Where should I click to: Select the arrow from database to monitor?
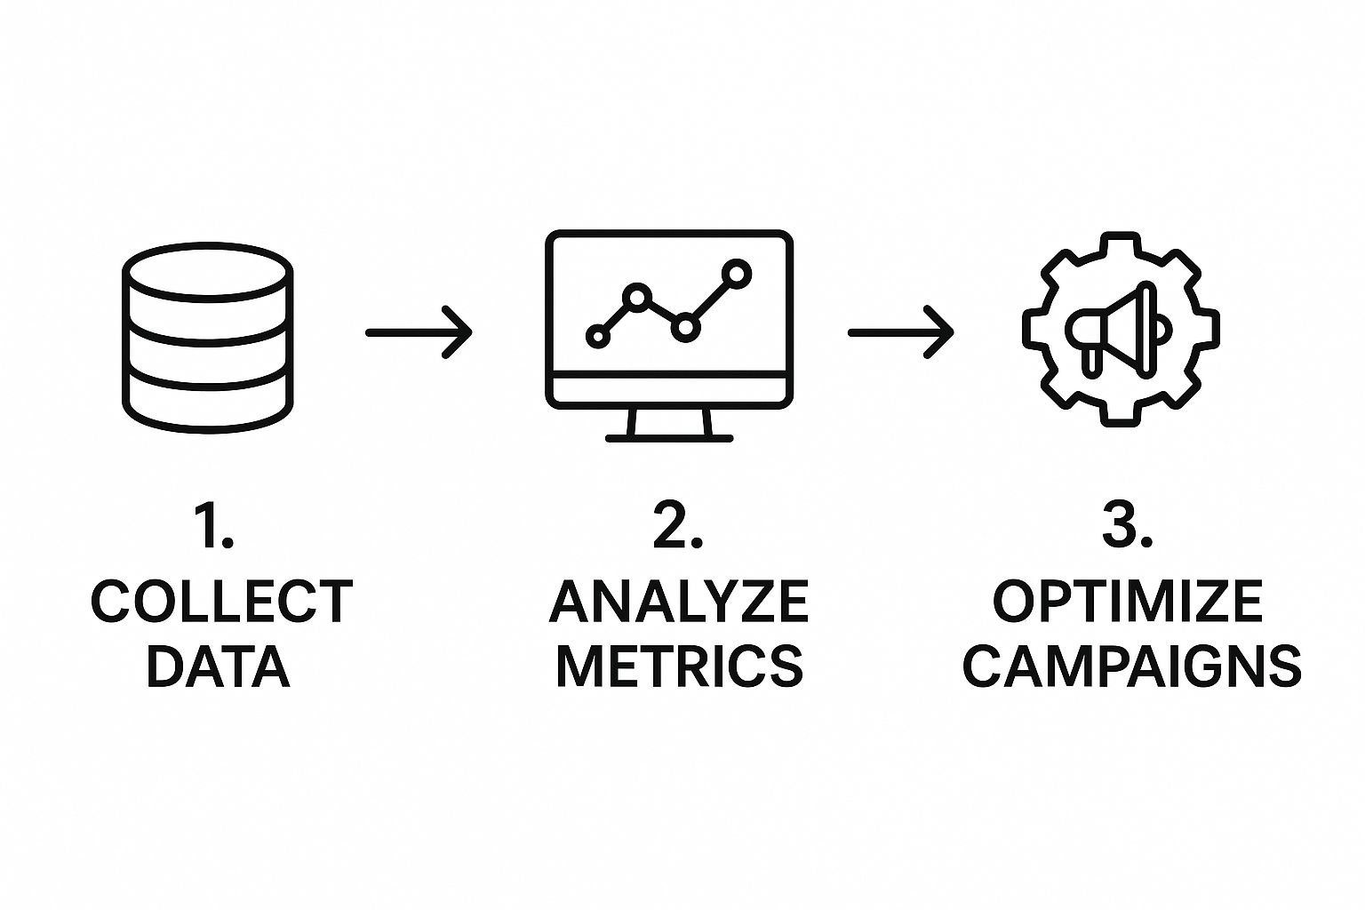pyautogui.click(x=419, y=332)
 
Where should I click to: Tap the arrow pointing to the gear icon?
pyautogui.click(x=901, y=332)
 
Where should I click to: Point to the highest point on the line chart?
pyautogui.click(x=736, y=273)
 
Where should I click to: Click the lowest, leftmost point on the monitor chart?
pyautogui.click(x=598, y=337)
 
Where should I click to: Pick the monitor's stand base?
pyautogui.click(x=669, y=437)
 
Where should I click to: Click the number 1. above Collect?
pyautogui.click(x=214, y=525)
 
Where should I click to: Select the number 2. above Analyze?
pyautogui.click(x=677, y=525)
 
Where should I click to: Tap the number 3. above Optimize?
pyautogui.click(x=1127, y=525)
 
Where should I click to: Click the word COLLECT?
pyautogui.click(x=221, y=602)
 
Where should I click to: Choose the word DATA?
pyautogui.click(x=218, y=667)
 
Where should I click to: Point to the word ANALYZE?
pyautogui.click(x=679, y=602)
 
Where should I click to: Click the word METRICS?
pyautogui.click(x=679, y=667)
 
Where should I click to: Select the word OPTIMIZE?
pyautogui.click(x=1127, y=602)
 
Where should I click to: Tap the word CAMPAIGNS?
pyautogui.click(x=1131, y=667)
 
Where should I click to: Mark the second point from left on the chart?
pyautogui.click(x=636, y=297)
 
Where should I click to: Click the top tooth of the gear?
pyautogui.click(x=1122, y=244)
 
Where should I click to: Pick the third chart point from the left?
pyautogui.click(x=684, y=327)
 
